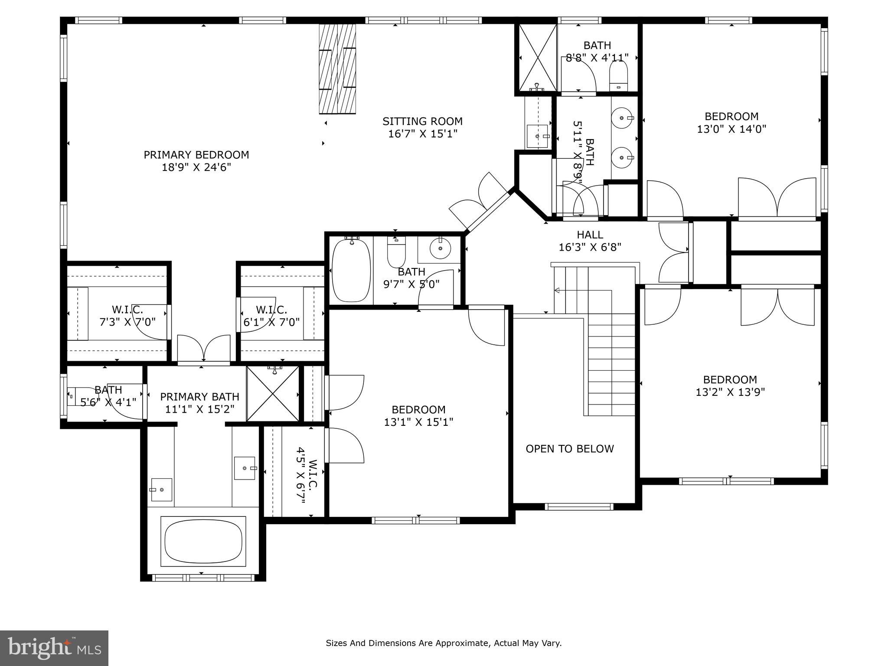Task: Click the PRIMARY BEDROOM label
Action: coord(196,155)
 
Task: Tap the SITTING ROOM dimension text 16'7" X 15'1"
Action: coord(422,134)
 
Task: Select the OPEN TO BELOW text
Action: coord(569,449)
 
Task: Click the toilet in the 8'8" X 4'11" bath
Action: coord(618,75)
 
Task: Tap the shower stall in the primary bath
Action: coord(273,394)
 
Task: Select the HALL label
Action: coord(590,235)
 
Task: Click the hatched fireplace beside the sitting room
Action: coord(337,69)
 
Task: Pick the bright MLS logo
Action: coord(54,648)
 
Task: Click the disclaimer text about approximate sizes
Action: coord(444,643)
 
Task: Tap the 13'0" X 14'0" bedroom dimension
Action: coord(731,129)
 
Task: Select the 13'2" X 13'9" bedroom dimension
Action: coord(730,392)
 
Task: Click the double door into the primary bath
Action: coord(203,349)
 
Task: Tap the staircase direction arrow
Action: coord(558,290)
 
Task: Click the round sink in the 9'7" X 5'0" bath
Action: coord(440,248)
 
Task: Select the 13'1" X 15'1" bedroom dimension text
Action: coord(418,422)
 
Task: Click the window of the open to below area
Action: coord(579,506)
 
